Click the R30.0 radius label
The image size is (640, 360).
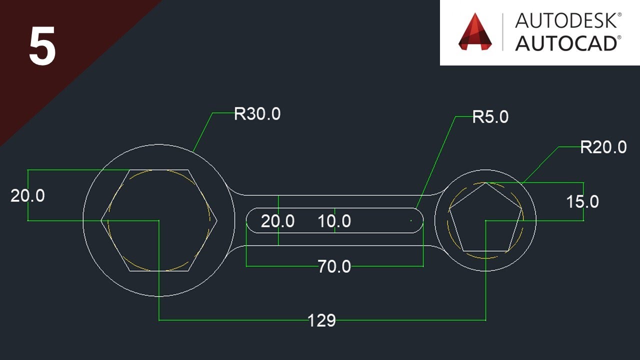pyautogui.click(x=257, y=114)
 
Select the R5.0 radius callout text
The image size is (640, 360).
pyautogui.click(x=490, y=117)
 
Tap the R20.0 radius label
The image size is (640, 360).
pyautogui.click(x=603, y=147)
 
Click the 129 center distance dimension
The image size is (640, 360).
pyautogui.click(x=321, y=320)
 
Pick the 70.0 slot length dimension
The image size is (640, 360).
pyautogui.click(x=334, y=266)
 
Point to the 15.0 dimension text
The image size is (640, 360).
pyautogui.click(x=582, y=202)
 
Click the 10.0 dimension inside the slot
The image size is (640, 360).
pyautogui.click(x=334, y=221)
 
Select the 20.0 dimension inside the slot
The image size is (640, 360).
pyautogui.click(x=277, y=221)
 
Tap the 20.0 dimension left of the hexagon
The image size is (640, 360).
pyautogui.click(x=27, y=195)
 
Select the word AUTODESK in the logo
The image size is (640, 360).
pyautogui.click(x=568, y=21)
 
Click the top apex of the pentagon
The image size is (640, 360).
pyautogui.click(x=485, y=182)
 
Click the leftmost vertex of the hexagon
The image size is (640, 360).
pyautogui.click(x=101, y=220)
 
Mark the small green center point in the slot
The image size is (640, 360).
pyautogui.click(x=411, y=220)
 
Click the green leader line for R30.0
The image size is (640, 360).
pyautogui.click(x=202, y=132)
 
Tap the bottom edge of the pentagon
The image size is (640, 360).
pyautogui.click(x=485, y=251)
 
